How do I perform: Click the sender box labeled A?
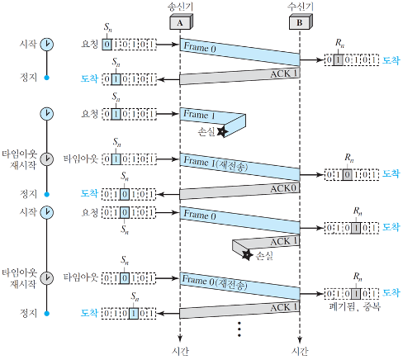pos(181,21)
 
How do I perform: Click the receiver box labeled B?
pos(301,21)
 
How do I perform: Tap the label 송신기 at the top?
pos(180,7)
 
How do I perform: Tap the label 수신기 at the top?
pos(301,7)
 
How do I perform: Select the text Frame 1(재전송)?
pos(216,163)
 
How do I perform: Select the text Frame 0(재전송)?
pos(215,282)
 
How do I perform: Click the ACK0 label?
pos(283,188)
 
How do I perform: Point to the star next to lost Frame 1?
pos(222,131)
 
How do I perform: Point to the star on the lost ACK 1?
pos(247,255)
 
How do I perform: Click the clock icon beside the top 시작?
pos(47,45)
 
